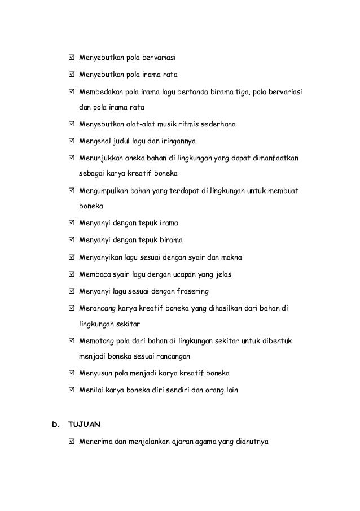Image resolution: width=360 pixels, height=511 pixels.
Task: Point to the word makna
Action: coord(230,258)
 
